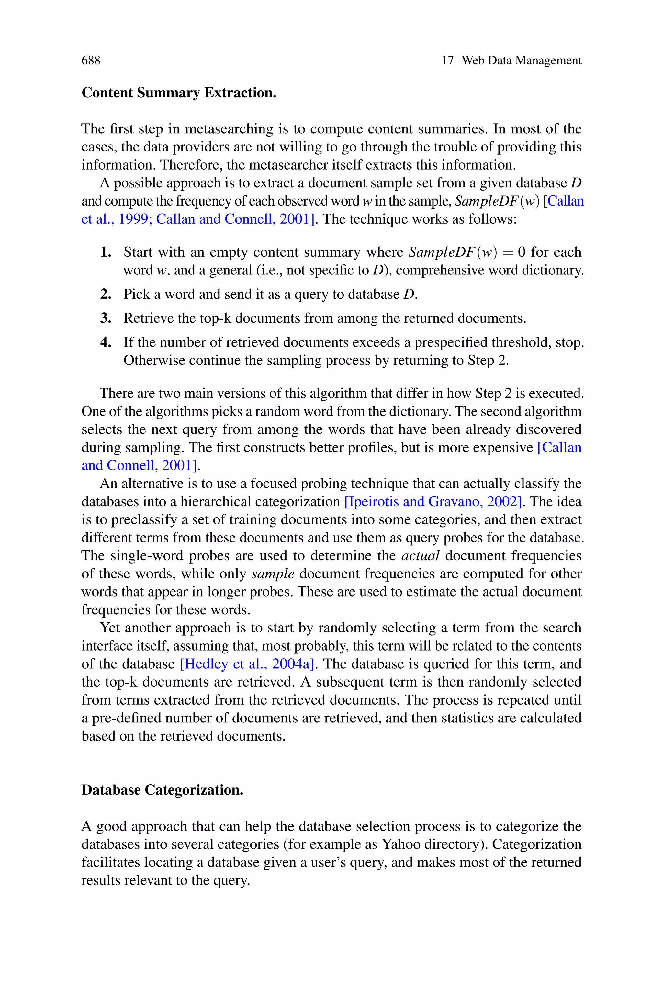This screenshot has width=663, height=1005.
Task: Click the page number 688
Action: pyautogui.click(x=91, y=61)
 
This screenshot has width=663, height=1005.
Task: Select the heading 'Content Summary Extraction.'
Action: pyautogui.click(x=179, y=93)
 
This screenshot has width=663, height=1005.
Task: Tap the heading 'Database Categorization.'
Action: pyautogui.click(x=163, y=790)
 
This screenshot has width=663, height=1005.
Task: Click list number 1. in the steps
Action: pyautogui.click(x=106, y=252)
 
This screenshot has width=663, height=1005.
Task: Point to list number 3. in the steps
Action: pyautogui.click(x=106, y=318)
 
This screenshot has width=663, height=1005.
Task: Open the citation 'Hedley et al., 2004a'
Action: pyautogui.click(x=247, y=664)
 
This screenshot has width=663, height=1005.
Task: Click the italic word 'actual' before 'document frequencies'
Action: pyautogui.click(x=420, y=556)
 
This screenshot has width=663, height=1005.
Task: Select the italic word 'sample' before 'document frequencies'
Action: pyautogui.click(x=273, y=574)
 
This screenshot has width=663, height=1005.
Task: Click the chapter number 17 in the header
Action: pyautogui.click(x=447, y=61)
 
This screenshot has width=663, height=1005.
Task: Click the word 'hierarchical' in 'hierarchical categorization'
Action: pyautogui.click(x=216, y=502)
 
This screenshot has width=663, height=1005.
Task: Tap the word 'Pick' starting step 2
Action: pyautogui.click(x=136, y=294)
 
